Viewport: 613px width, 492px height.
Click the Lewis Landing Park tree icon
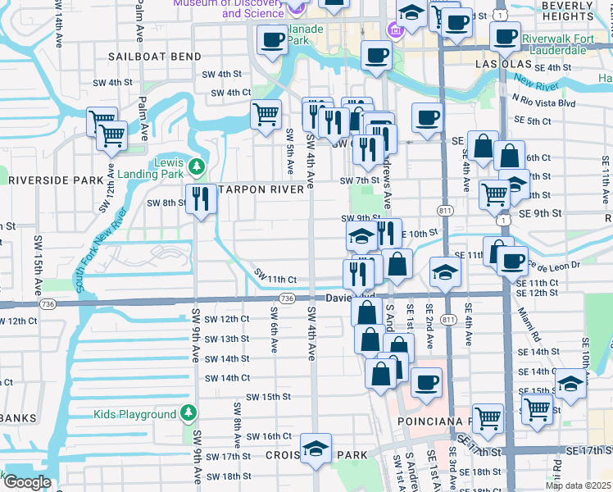click(196, 168)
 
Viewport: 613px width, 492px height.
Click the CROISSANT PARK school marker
click(316, 449)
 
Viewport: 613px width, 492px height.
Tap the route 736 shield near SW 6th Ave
click(287, 299)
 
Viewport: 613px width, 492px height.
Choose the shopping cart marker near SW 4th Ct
click(266, 115)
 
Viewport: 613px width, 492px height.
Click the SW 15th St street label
click(270, 397)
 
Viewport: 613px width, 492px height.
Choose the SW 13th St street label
click(226, 339)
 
